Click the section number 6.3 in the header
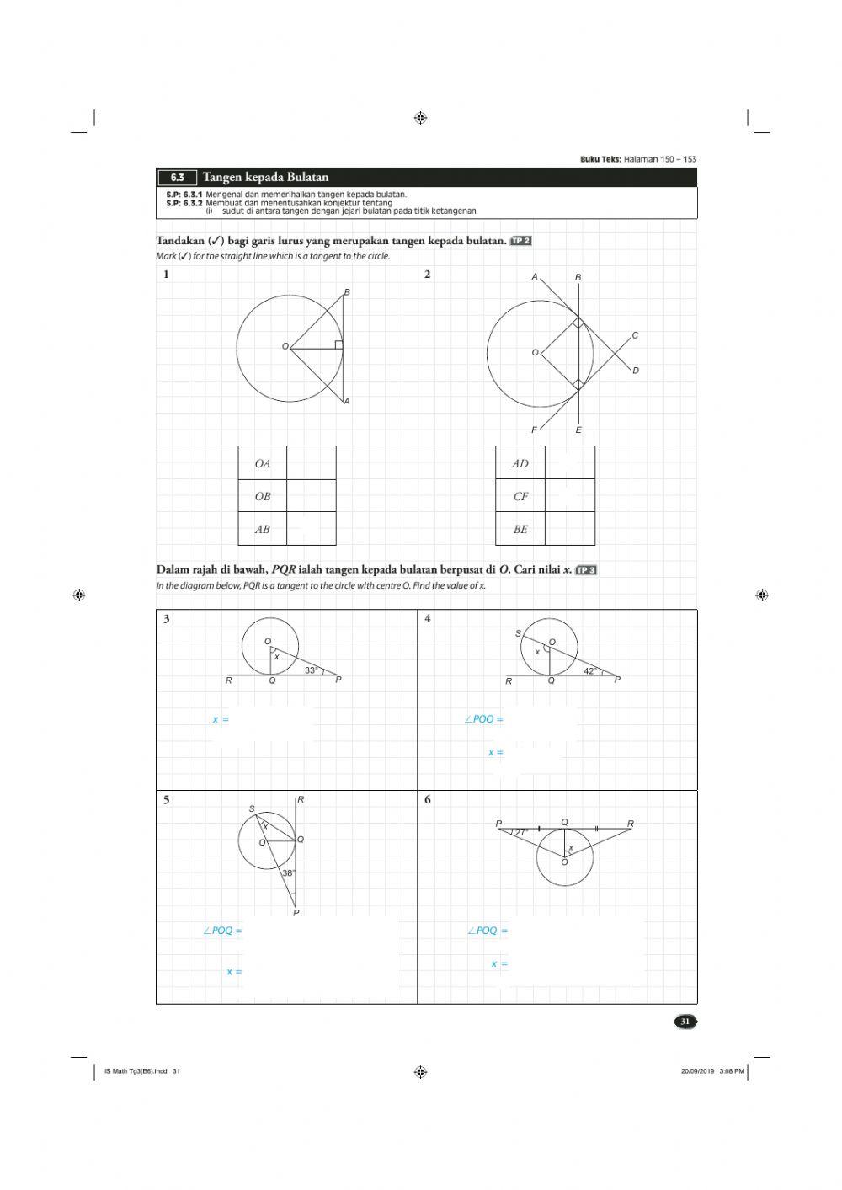(x=178, y=178)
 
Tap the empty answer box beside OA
(x=312, y=463)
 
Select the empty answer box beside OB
(x=312, y=496)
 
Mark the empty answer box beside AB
(x=312, y=529)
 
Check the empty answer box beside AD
(x=570, y=463)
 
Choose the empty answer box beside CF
(x=570, y=496)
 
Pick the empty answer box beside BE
(x=570, y=529)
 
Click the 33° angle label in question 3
(x=311, y=670)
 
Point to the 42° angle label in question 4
(x=590, y=671)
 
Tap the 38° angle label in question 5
(x=289, y=873)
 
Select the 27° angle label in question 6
(x=521, y=832)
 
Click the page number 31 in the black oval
(x=685, y=1022)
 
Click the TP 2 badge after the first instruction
(x=521, y=242)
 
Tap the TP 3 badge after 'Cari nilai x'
(x=586, y=570)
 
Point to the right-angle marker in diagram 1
(x=338, y=344)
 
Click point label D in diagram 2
(x=636, y=371)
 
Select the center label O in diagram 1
(x=285, y=346)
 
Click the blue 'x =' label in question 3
(x=221, y=720)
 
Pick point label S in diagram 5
(x=252, y=809)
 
